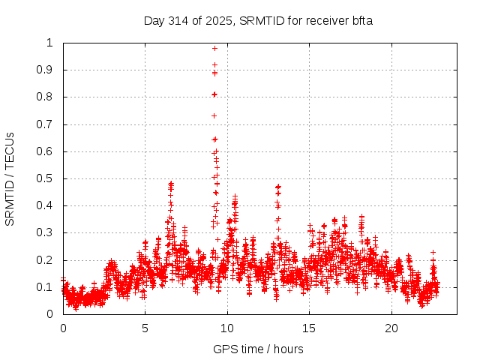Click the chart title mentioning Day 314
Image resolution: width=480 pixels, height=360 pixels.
[258, 20]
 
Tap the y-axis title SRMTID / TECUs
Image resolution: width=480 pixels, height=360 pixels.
[10, 178]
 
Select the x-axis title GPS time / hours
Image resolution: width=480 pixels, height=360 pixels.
[258, 349]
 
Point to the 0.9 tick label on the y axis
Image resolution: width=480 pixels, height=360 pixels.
[46, 70]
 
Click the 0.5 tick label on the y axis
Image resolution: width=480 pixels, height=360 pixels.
[46, 178]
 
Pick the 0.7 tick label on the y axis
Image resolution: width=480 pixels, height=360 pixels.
[46, 124]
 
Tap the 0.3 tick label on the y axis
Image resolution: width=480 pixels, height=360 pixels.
[46, 232]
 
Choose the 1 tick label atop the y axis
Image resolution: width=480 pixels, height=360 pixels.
[50, 43]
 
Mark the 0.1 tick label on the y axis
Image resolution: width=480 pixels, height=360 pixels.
[46, 287]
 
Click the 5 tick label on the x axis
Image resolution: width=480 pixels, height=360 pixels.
[145, 328]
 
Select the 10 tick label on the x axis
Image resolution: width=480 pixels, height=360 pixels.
[227, 328]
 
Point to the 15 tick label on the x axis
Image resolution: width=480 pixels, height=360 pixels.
[309, 328]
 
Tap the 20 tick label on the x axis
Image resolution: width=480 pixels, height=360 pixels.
[391, 328]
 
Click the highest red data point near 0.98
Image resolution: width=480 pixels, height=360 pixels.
[214, 48]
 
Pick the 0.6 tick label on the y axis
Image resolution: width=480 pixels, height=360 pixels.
[46, 151]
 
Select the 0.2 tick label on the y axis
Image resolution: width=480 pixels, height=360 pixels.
[46, 260]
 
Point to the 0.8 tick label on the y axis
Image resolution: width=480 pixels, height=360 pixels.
[46, 97]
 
